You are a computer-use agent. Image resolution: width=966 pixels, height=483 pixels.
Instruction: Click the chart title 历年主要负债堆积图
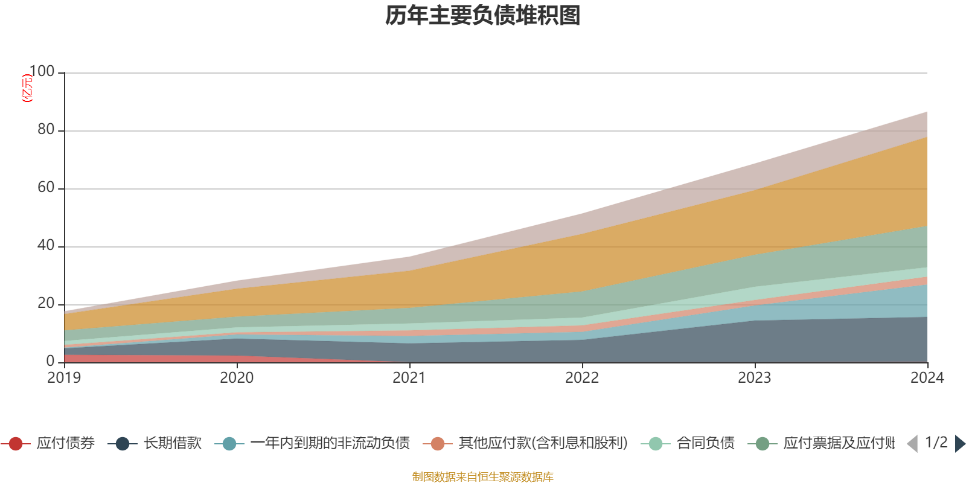[x=483, y=16]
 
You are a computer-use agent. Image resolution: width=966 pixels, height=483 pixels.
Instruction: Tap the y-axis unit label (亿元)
[x=27, y=88]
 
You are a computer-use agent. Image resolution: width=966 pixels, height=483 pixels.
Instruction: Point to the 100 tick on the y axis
[x=42, y=72]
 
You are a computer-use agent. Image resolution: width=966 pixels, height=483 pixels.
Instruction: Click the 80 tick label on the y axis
[x=46, y=130]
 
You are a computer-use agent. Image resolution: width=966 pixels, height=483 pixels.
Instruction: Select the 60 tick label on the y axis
[x=46, y=188]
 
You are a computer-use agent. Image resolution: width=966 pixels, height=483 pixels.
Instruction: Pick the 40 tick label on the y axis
[x=46, y=246]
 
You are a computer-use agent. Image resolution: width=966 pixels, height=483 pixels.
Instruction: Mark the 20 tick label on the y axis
[x=46, y=304]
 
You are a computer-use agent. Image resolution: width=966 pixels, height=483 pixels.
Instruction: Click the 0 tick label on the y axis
[x=51, y=361]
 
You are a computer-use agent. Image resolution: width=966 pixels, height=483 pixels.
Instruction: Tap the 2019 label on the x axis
[x=65, y=378]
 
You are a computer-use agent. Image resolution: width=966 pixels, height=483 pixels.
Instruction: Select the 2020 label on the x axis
[x=237, y=378]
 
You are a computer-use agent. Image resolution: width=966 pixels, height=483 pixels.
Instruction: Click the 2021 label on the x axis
[x=409, y=378]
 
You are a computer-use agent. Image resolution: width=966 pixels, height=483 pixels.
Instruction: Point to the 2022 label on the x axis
[x=582, y=378]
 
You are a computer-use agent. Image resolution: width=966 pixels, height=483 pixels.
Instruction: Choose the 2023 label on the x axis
[x=755, y=378]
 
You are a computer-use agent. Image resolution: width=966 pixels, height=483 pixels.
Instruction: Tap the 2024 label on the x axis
[x=927, y=378]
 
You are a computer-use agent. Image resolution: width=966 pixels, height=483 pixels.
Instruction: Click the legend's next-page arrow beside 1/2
[x=959, y=444]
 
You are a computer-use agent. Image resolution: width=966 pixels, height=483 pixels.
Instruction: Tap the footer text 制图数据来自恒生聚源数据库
[x=483, y=477]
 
